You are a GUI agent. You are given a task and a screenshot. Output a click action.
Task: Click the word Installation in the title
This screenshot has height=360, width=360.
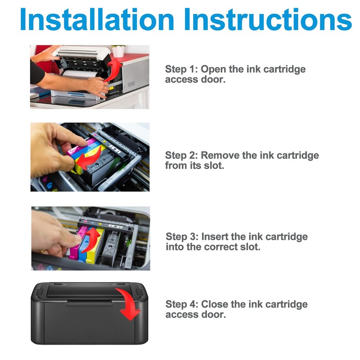click(x=97, y=19)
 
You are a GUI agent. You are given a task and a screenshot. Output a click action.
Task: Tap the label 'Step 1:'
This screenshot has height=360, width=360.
click(x=181, y=69)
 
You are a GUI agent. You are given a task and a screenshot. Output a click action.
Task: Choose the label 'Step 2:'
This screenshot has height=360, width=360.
click(x=181, y=155)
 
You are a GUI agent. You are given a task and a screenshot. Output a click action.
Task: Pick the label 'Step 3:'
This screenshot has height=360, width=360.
click(x=182, y=237)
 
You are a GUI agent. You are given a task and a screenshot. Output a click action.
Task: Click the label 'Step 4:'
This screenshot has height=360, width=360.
click(x=182, y=304)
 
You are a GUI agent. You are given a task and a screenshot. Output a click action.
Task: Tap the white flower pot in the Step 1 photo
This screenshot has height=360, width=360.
click(x=118, y=52)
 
